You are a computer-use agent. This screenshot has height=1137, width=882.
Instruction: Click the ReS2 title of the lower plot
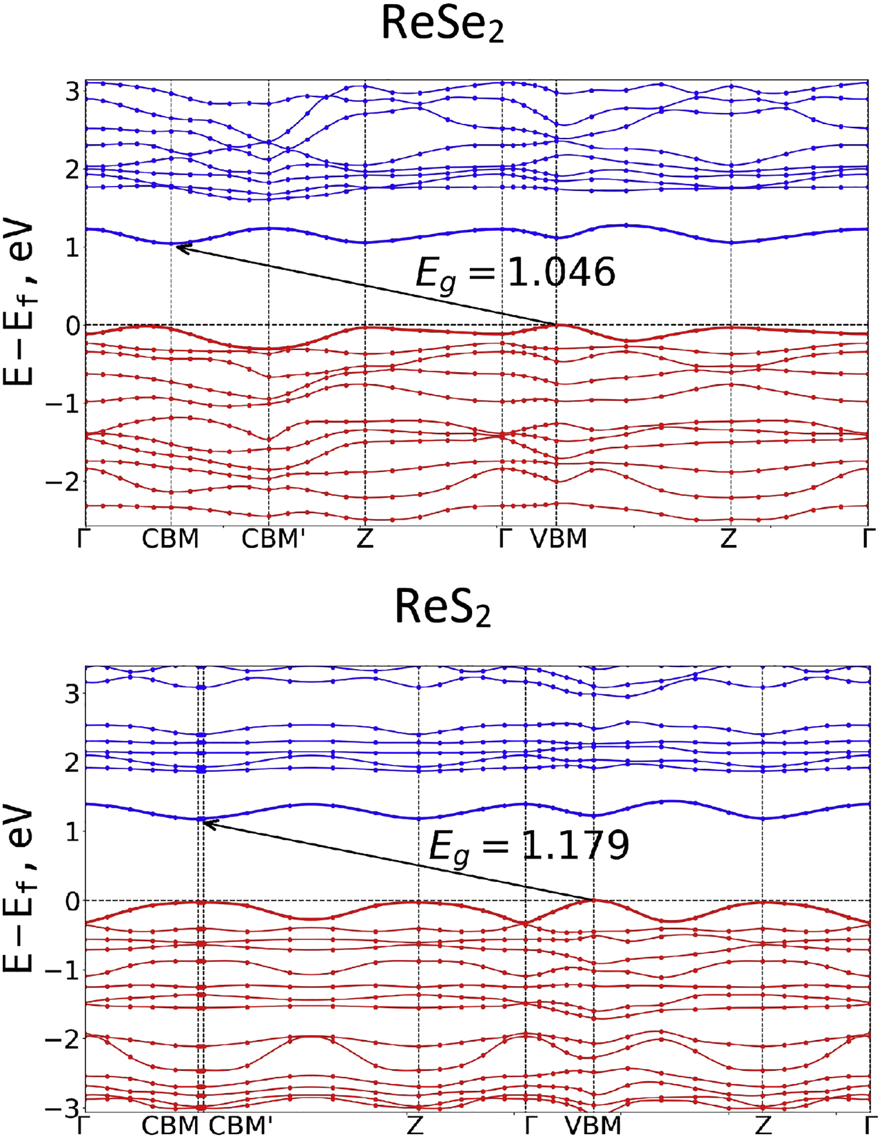click(x=442, y=608)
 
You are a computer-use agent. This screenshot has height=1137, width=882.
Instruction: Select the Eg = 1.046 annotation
click(x=515, y=273)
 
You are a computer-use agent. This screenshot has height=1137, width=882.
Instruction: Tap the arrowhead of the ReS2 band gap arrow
click(x=205, y=821)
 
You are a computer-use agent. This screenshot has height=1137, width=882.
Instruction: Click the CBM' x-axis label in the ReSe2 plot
click(x=272, y=539)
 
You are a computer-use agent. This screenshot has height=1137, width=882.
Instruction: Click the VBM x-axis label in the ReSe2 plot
click(x=559, y=539)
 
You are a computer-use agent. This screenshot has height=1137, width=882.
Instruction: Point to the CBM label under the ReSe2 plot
click(x=170, y=539)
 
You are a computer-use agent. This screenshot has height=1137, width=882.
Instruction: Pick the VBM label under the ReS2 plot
click(x=593, y=1126)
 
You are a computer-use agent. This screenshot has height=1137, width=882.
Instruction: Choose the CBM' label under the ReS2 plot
click(x=240, y=1126)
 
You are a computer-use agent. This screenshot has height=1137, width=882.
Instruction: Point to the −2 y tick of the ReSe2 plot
click(x=63, y=481)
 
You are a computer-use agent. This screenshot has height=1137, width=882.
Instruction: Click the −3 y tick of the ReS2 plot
click(x=63, y=1110)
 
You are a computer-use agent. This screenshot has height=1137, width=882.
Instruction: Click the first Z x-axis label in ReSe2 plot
click(x=365, y=539)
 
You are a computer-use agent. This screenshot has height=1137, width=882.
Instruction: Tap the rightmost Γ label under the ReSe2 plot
click(x=869, y=539)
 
